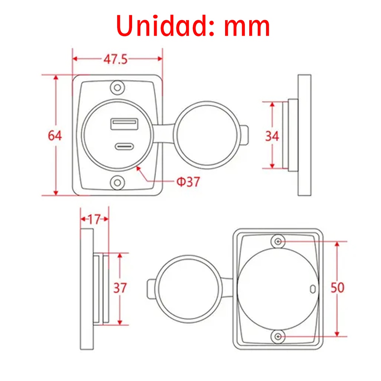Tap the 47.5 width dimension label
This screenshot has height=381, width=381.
point(115,59)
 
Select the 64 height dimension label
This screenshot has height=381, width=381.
point(55,136)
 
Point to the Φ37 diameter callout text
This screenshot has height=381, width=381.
point(188,182)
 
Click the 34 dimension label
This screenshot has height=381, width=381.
point(272,136)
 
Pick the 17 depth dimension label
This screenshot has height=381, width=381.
point(95,220)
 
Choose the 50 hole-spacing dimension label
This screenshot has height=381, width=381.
point(337,288)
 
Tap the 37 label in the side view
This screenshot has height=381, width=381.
point(120,288)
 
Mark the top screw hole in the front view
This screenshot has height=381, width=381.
point(118,88)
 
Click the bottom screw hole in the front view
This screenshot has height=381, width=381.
point(118,183)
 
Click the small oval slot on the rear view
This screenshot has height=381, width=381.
point(313,289)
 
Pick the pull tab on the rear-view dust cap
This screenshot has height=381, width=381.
point(151,289)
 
